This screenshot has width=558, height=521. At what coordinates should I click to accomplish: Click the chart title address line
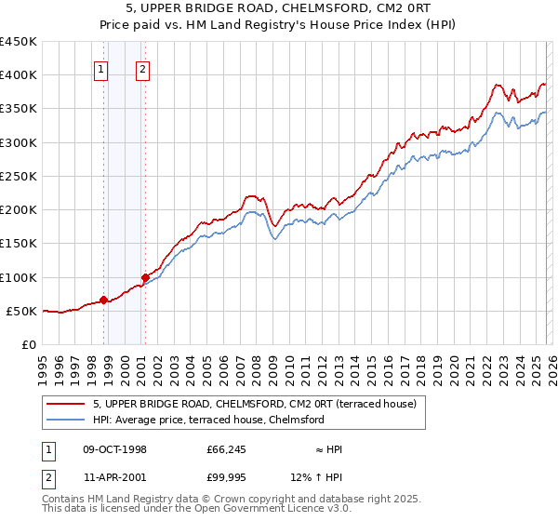278,10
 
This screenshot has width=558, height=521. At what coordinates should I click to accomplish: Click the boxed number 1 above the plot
100,68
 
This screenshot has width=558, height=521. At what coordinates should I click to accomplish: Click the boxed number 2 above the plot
142,68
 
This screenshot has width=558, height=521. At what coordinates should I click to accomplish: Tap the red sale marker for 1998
103,300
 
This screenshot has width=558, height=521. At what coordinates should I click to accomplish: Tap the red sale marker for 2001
145,277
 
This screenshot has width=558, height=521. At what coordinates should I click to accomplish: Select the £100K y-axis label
19,277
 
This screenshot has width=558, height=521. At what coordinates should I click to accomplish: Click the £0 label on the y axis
29,344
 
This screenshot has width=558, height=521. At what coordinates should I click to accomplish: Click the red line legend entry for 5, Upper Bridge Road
259,404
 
